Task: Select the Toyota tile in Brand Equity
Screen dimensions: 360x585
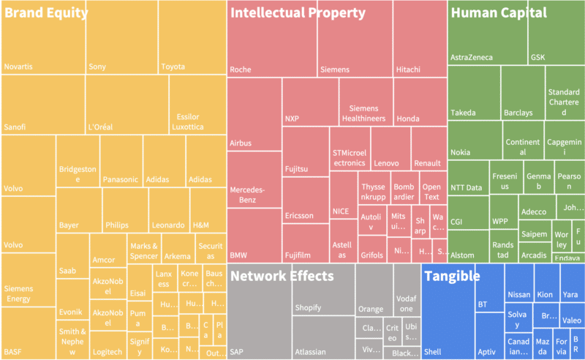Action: click(190, 44)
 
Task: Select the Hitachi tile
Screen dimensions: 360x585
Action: click(419, 44)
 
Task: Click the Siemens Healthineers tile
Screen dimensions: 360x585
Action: click(365, 102)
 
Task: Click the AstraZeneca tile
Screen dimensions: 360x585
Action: click(486, 44)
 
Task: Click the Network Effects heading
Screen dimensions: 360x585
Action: click(282, 276)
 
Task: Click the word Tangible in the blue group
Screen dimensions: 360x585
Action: click(453, 276)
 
